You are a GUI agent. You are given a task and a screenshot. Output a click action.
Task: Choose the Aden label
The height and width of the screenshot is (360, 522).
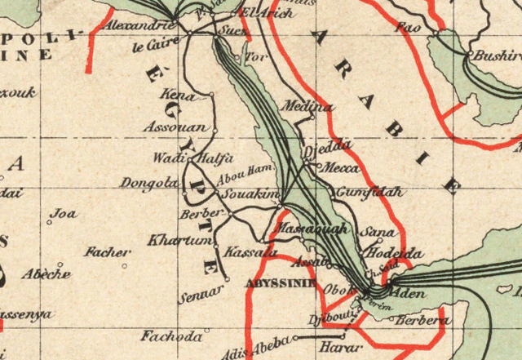(409, 292)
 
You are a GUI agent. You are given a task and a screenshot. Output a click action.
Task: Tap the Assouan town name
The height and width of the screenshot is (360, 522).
(175, 127)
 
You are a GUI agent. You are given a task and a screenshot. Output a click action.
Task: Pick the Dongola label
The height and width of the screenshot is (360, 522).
(148, 184)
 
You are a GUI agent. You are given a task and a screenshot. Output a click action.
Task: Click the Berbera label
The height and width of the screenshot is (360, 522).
(422, 321)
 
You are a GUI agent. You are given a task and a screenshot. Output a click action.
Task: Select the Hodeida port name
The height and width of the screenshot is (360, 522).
(396, 254)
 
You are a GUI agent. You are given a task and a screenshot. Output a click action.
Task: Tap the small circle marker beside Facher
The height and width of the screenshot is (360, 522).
(125, 265)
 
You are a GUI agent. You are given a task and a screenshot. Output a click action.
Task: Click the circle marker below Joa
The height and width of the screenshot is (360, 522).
(51, 223)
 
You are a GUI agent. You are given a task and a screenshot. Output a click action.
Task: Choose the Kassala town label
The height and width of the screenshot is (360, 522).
(245, 252)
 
